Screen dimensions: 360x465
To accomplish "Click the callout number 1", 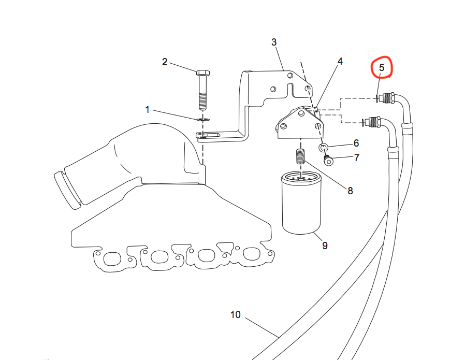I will click(x=148, y=110).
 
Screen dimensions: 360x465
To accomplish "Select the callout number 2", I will click(x=165, y=62).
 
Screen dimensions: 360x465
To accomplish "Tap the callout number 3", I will click(x=274, y=42).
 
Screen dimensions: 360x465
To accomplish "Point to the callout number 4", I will click(x=340, y=62).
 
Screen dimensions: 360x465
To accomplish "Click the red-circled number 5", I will click(x=382, y=67).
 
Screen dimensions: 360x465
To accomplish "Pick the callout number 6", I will click(x=356, y=143).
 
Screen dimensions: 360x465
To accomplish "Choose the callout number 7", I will click(x=357, y=157).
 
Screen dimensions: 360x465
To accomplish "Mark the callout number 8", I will click(x=350, y=191).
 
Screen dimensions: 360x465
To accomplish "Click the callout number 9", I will click(x=325, y=246).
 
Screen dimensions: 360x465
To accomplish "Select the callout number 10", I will click(x=236, y=314).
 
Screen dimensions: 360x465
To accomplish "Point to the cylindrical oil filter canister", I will click(x=301, y=205).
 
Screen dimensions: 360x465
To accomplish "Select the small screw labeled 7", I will click(x=328, y=161).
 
